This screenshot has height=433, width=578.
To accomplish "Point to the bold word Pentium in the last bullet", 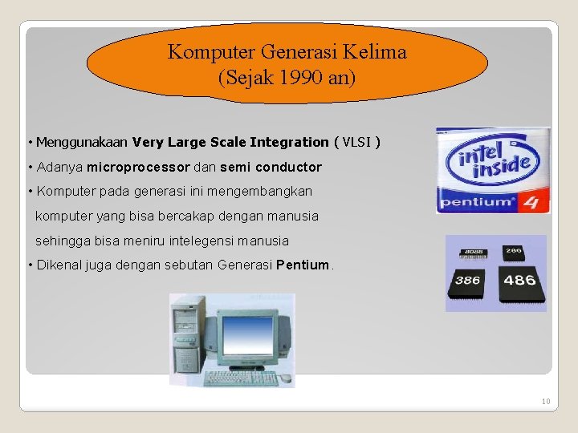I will pyautogui.click(x=303, y=265).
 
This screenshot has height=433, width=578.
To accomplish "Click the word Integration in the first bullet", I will pyautogui.click(x=288, y=143).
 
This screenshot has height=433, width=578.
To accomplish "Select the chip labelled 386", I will pyautogui.click(x=469, y=281).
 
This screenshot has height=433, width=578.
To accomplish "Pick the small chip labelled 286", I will pyautogui.click(x=514, y=251).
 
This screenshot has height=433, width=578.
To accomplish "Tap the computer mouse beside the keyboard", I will pyautogui.click(x=284, y=377).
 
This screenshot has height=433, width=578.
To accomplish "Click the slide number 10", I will pyautogui.click(x=546, y=401).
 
